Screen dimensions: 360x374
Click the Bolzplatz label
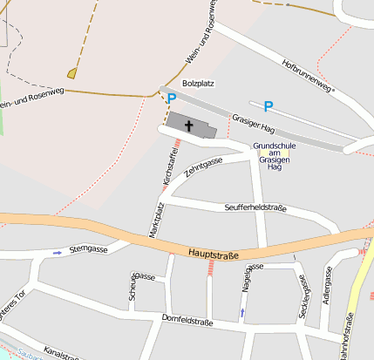197,83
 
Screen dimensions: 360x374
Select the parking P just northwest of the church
171,99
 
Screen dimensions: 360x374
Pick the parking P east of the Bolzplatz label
268,106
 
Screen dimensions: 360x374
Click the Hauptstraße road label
212,254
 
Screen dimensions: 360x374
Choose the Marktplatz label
158,221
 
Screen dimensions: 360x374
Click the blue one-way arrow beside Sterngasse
58,253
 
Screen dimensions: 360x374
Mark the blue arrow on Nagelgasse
242,311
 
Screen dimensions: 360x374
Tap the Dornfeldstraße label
187,322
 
